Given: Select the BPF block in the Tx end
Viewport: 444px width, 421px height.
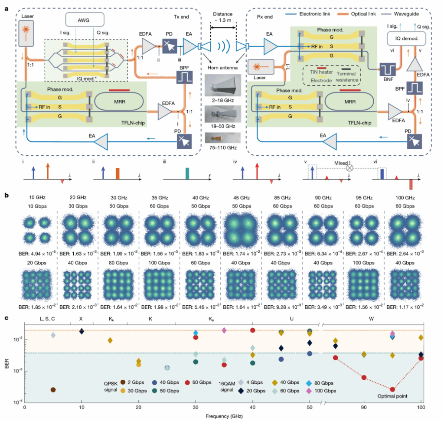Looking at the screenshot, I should [x=184, y=78].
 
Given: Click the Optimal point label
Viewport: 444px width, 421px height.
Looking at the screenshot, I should [x=392, y=396].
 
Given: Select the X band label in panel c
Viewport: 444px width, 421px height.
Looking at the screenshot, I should [x=81, y=319].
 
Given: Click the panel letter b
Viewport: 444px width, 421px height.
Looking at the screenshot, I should [x=6, y=196].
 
